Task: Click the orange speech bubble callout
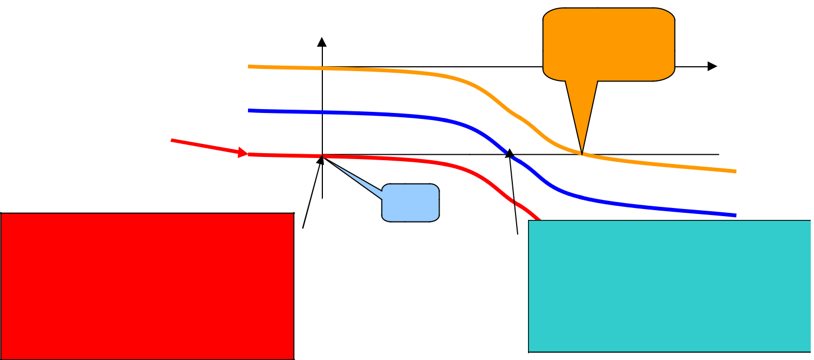609,45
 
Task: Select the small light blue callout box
411,203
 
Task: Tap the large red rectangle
147,286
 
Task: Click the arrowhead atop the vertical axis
322,42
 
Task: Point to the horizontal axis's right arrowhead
713,66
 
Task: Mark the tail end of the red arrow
171,140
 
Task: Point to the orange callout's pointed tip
582,154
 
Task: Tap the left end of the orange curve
249,66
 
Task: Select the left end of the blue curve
249,110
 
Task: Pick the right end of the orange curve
735,172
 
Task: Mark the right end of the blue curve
735,216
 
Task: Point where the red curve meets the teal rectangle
538,219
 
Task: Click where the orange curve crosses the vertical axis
323,68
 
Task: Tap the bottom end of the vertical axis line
323,198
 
